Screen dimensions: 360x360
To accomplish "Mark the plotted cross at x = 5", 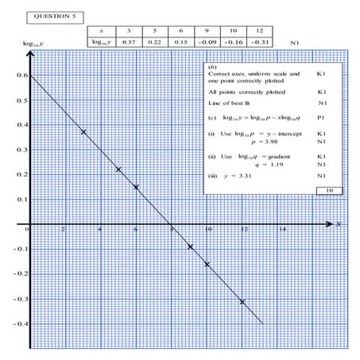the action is click(x=118, y=169).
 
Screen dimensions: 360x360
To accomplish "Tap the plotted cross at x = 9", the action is click(x=189, y=246).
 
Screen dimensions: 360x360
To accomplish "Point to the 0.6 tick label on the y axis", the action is click(x=20, y=75).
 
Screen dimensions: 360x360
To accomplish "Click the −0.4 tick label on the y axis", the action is click(x=18, y=324).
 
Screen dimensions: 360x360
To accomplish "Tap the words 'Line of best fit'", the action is click(x=233, y=105).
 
